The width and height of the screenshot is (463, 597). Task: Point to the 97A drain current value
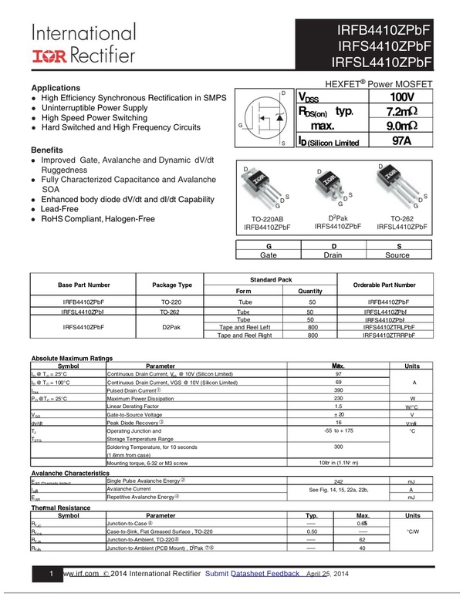pyautogui.click(x=401, y=140)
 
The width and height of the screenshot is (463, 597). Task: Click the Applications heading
pyautogui.click(x=55, y=88)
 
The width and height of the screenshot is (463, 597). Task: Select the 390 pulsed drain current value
pyautogui.click(x=338, y=390)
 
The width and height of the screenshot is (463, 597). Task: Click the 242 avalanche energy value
pyautogui.click(x=338, y=481)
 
